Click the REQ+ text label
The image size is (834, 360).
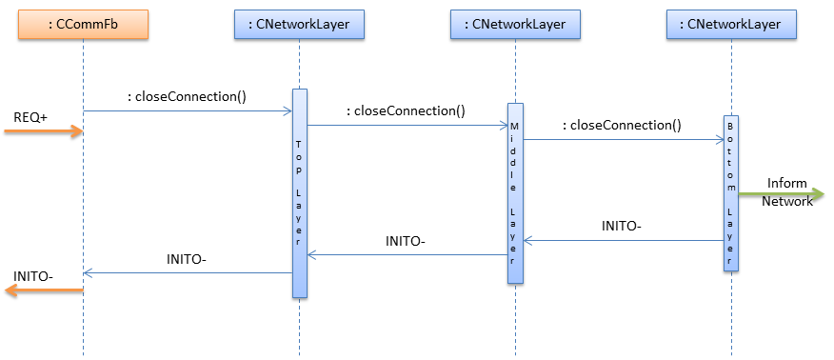(x=30, y=116)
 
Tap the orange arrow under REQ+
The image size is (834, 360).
(x=44, y=131)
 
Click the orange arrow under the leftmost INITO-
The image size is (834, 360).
(x=44, y=291)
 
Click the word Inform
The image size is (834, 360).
(x=786, y=183)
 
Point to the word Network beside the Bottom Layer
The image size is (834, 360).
(x=786, y=201)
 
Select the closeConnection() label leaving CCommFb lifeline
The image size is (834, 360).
(x=187, y=96)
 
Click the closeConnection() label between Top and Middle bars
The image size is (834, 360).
(x=406, y=110)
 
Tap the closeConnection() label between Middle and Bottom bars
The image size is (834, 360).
(x=622, y=124)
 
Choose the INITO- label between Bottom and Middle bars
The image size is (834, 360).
(x=622, y=227)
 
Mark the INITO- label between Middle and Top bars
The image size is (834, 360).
(x=406, y=242)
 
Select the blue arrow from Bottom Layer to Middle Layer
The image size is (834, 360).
(x=624, y=241)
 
